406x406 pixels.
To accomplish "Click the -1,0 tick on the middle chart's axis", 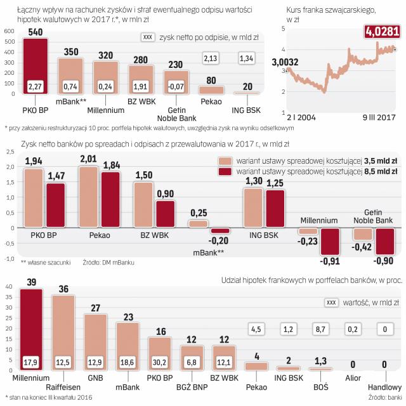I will (10, 259).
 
